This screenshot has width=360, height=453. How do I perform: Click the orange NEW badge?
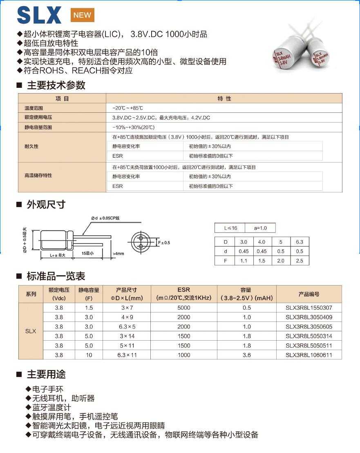[82, 15]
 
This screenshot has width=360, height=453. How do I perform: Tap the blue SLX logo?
[39, 16]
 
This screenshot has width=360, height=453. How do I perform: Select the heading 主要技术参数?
[56, 85]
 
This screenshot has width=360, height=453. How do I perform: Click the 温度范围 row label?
[34, 108]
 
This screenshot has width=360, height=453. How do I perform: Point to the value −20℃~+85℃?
[127, 108]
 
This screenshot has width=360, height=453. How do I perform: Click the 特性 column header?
[224, 98]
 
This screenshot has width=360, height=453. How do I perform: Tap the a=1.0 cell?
[260, 228]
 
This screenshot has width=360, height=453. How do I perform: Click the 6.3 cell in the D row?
[300, 242]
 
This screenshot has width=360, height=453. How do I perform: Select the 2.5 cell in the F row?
[300, 261]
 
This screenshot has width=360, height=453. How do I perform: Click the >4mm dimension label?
[118, 254]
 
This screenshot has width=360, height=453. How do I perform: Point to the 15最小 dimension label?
[87, 253]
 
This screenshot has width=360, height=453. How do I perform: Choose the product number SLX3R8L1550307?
[309, 308]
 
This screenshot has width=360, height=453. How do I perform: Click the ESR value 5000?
[184, 308]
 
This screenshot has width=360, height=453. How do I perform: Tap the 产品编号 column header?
[309, 294]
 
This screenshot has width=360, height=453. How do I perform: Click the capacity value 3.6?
[246, 355]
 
